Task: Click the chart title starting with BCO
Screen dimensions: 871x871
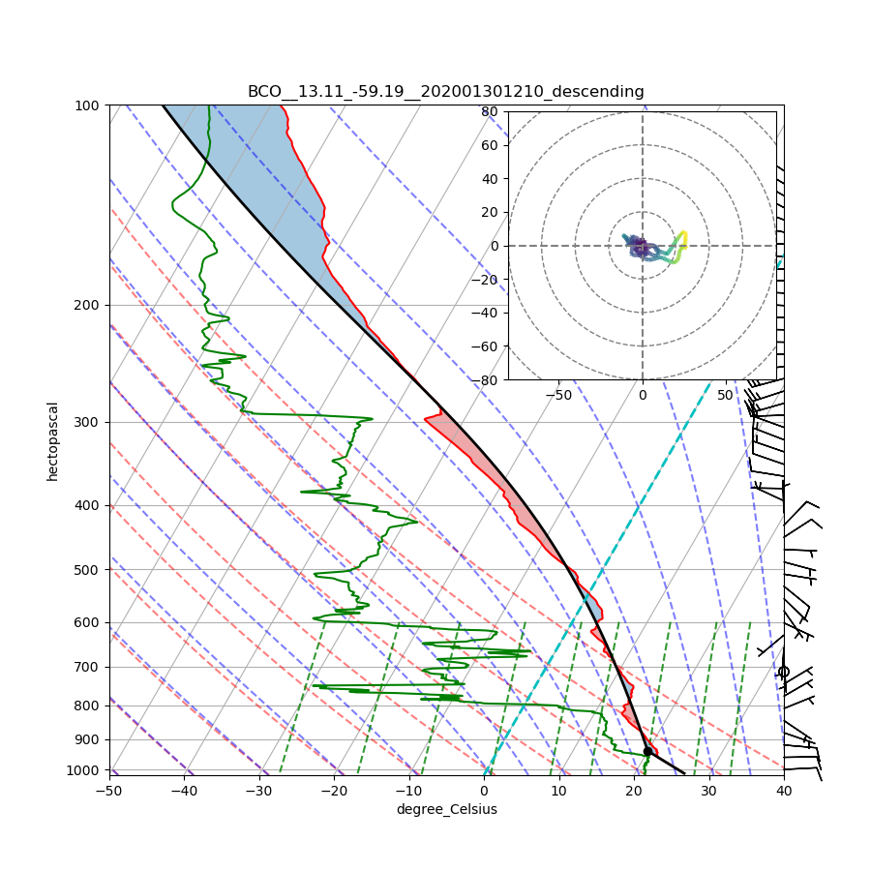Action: (445, 92)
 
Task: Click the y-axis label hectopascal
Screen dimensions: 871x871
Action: (52, 440)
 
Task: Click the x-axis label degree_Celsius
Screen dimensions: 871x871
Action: (446, 809)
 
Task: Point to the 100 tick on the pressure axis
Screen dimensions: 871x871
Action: (88, 105)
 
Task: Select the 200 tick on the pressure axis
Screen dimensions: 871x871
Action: (88, 305)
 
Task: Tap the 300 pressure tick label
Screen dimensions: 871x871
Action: (88, 422)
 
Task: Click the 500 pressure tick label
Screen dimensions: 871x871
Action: (88, 569)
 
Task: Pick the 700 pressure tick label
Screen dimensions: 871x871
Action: (88, 667)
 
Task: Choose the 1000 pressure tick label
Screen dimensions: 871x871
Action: (85, 770)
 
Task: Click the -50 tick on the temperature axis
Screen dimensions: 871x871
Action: (108, 791)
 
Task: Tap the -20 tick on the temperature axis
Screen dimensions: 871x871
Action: (334, 791)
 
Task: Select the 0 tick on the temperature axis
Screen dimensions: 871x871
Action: (484, 791)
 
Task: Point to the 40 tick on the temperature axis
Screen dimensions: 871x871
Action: (784, 791)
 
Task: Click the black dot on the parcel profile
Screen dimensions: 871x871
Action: (647, 751)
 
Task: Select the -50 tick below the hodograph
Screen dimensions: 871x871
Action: (558, 395)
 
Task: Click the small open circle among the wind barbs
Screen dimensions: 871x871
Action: (784, 672)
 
